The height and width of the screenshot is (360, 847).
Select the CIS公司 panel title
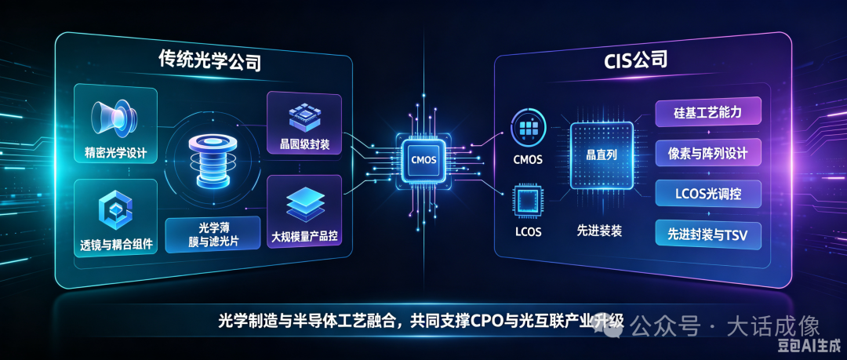click(635, 60)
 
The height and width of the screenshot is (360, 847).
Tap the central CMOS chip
click(423, 159)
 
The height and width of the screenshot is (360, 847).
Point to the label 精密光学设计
click(115, 152)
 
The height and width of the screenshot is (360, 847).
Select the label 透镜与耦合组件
click(115, 245)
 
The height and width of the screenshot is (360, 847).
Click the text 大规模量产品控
click(304, 237)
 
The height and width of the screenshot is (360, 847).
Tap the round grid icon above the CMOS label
click(529, 128)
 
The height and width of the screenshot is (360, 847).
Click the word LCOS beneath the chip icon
click(528, 232)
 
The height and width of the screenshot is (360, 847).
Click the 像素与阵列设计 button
click(708, 153)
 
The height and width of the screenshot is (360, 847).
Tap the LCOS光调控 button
click(708, 193)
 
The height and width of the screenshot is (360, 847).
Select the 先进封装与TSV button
click(708, 235)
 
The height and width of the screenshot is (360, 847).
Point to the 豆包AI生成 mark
click(809, 344)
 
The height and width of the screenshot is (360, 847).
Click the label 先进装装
click(599, 231)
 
